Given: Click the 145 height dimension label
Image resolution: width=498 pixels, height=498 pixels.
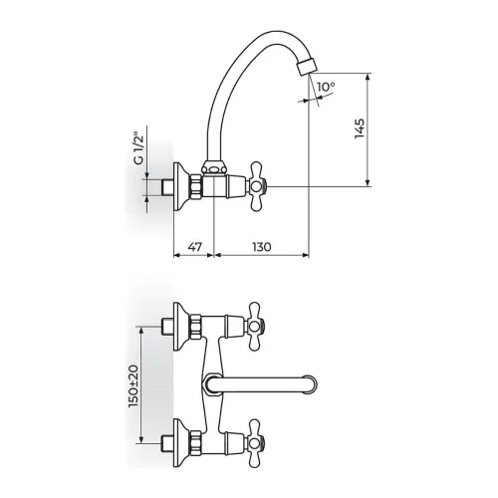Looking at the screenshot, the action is pos(360,128).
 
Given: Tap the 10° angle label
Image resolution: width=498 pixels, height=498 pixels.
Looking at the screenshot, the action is pos(326,87).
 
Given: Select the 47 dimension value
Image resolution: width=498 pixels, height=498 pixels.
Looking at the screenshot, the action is pos(195,247).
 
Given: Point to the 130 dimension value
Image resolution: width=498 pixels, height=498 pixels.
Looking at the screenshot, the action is pos(262,247).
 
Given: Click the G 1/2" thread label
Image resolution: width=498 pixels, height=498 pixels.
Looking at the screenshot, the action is pos(138,149).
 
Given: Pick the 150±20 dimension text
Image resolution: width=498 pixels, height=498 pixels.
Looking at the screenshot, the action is pos(133,386).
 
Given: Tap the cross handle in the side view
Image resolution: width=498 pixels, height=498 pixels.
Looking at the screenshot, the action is pos(257,186).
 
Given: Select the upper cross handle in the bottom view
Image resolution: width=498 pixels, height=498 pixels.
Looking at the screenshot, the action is pos(255,326).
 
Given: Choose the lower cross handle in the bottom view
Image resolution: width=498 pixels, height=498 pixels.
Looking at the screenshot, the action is pos(255,443).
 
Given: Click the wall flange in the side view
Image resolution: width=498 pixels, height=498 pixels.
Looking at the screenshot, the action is pos(181,186).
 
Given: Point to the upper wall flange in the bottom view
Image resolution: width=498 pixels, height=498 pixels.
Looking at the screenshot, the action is pos(181,327).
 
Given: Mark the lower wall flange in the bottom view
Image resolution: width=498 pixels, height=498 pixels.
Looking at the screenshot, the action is pos(181,443).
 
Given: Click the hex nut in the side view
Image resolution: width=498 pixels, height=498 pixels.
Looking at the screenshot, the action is pos(196,186).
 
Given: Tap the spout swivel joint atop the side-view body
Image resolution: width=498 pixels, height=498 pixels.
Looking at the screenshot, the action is pos(212,167).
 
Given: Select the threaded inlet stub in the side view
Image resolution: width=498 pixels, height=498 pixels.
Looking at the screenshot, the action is pos(166,187).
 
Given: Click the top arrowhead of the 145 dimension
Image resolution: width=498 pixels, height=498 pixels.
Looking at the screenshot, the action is pos(368,77).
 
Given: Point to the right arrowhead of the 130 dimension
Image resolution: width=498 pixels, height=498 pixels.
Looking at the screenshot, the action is pos(305,255).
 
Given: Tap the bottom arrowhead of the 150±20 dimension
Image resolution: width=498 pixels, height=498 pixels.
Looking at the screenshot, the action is pos(141,439).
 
